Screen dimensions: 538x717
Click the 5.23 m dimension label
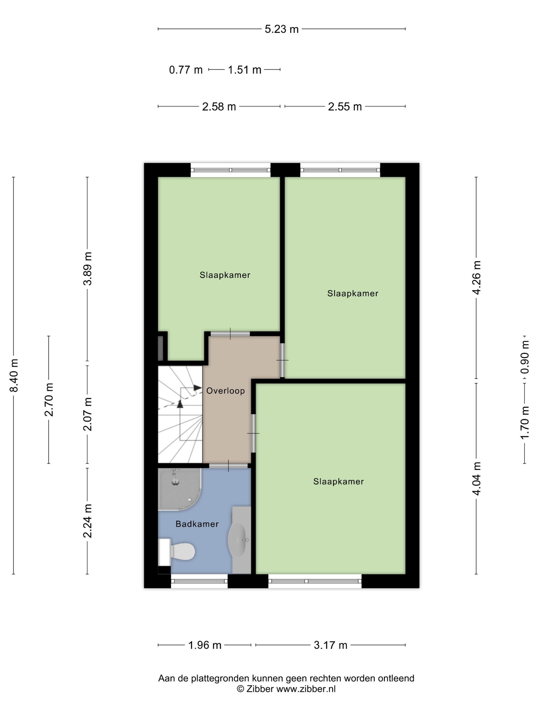(x=281, y=29)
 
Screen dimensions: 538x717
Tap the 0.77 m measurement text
(x=186, y=70)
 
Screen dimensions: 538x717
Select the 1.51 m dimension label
(x=244, y=70)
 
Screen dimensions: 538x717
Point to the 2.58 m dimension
(x=219, y=106)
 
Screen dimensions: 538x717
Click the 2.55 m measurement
(x=345, y=106)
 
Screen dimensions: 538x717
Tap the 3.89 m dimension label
(x=88, y=268)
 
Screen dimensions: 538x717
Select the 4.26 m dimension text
(x=476, y=278)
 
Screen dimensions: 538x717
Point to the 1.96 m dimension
(x=205, y=645)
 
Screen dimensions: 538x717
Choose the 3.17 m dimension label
(x=330, y=645)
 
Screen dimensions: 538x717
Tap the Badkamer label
(x=197, y=524)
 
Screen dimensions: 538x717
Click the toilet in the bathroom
(x=177, y=551)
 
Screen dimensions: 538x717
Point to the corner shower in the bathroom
(x=179, y=489)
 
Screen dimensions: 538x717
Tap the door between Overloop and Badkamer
(x=228, y=466)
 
